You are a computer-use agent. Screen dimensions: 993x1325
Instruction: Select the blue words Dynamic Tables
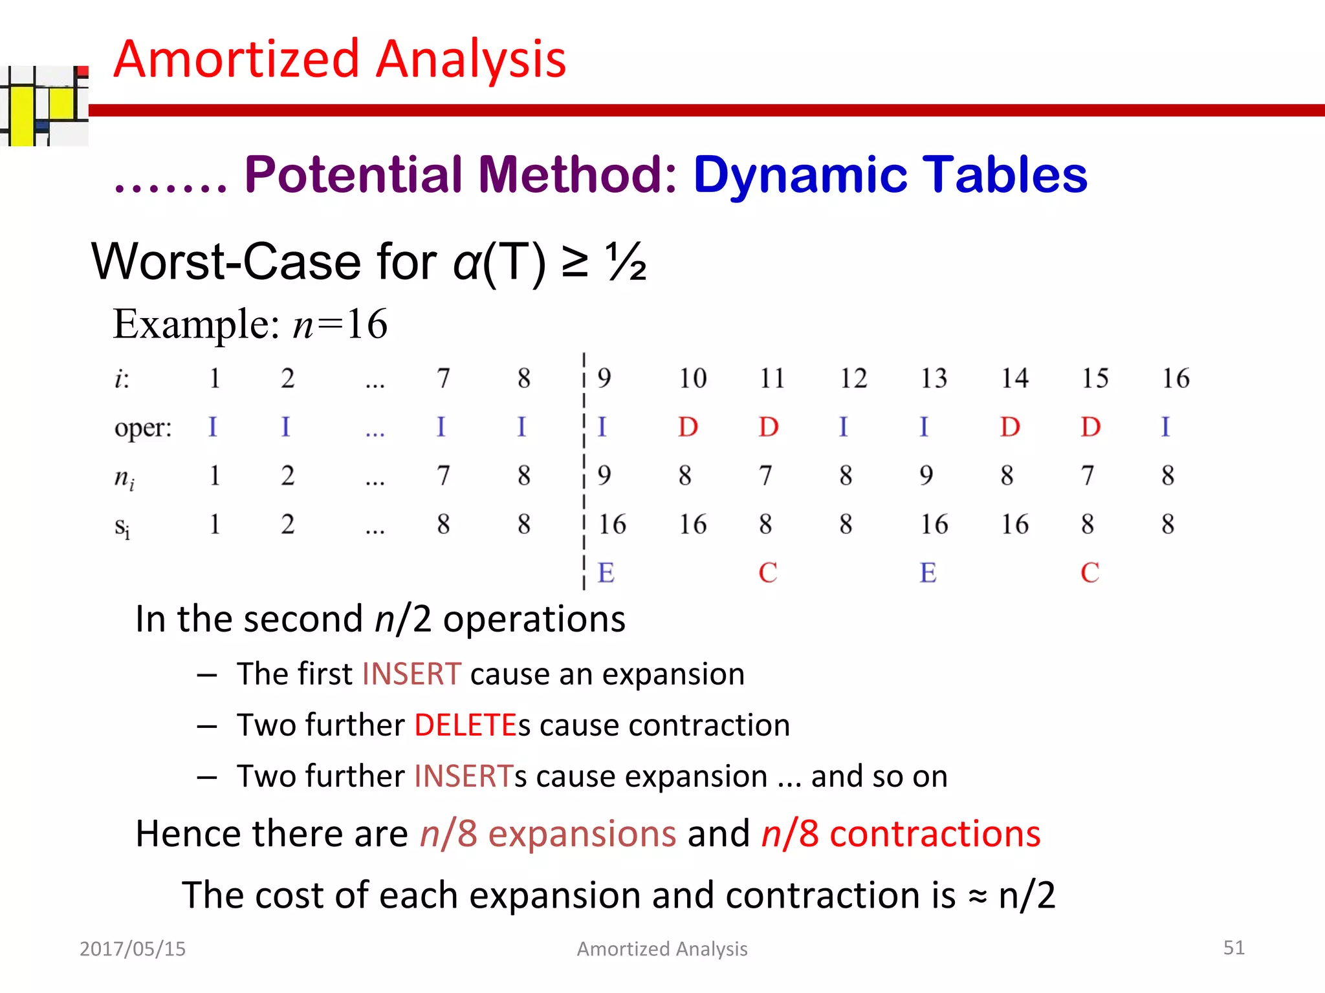(890, 175)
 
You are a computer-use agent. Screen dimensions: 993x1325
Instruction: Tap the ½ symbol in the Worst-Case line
(626, 262)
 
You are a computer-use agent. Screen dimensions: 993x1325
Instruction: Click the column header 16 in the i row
(1175, 378)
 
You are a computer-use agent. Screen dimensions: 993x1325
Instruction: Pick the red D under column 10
(688, 427)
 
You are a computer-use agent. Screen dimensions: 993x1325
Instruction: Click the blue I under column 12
(843, 427)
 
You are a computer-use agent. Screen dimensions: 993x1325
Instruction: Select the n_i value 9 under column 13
(926, 476)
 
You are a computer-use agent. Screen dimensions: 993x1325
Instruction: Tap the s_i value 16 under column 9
(611, 524)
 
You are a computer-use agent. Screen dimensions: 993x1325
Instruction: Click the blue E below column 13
(928, 573)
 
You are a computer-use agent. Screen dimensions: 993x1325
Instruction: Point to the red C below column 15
(1090, 573)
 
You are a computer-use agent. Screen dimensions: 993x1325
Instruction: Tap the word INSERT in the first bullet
(411, 674)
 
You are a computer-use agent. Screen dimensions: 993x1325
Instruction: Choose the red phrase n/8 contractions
(901, 833)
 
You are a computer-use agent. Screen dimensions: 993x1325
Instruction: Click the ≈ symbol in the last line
(978, 897)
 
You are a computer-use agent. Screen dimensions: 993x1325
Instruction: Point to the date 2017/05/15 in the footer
(133, 948)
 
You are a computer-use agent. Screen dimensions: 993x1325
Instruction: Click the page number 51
(1233, 947)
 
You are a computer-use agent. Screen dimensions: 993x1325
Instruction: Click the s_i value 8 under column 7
(443, 524)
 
